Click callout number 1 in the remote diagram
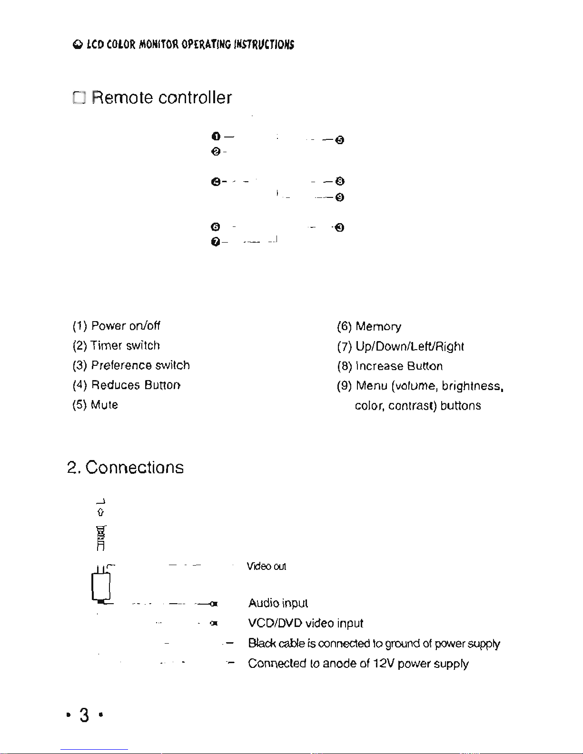pos(216,136)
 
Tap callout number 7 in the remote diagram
pos(216,242)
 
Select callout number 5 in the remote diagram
pos(340,140)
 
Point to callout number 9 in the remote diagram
pos(340,197)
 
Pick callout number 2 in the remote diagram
pos(216,151)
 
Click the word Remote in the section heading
pos(122,98)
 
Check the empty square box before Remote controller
pos(79,98)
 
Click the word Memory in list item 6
pos(378,326)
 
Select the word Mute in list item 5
pos(104,404)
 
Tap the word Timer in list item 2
pos(106,345)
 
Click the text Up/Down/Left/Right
pos(409,346)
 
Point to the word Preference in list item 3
pos(121,365)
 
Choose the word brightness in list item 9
pos(472,386)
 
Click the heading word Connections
pos(135,467)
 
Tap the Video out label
pos(267,566)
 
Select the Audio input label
pos(278,603)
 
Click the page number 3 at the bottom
pos(84,715)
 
